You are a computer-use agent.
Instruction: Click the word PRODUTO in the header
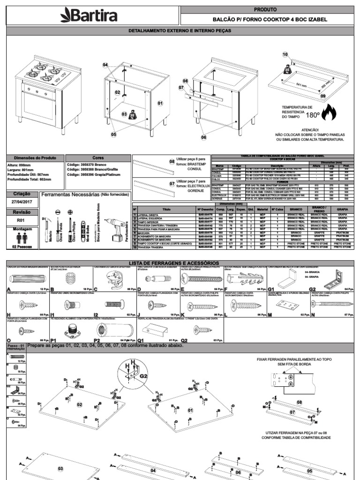tap(265, 9)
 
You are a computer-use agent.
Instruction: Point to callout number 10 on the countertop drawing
tap(285, 55)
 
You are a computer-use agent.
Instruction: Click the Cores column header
tap(98, 158)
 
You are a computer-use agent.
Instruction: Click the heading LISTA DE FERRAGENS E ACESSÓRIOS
tap(180, 263)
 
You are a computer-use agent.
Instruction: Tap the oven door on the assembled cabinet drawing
tap(39, 107)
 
